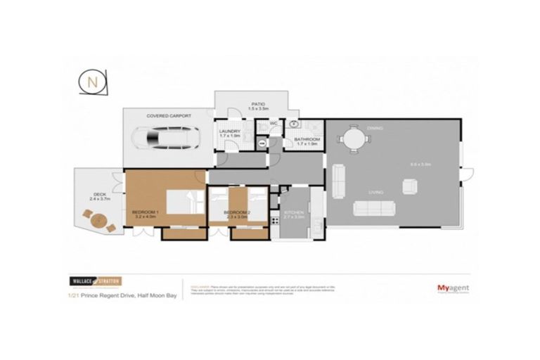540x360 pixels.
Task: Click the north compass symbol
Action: click(x=93, y=81)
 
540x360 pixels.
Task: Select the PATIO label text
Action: click(x=257, y=105)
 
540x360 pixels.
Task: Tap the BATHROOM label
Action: click(x=307, y=139)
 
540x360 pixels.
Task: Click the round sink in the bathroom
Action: click(x=297, y=126)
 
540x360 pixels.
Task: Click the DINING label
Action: click(x=375, y=127)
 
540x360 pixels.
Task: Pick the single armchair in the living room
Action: click(x=409, y=186)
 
